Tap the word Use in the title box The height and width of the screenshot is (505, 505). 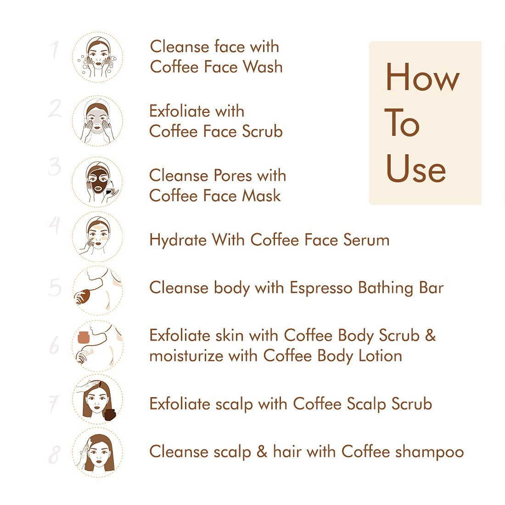click(x=416, y=168)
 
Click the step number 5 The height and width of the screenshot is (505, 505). click(x=55, y=287)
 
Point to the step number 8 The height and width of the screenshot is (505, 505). click(x=55, y=454)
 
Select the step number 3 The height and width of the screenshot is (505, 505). click(x=55, y=166)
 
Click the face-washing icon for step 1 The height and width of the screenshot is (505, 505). click(x=97, y=57)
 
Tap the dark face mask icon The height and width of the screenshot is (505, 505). click(x=97, y=182)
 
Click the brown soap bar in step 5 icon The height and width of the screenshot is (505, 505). click(x=84, y=296)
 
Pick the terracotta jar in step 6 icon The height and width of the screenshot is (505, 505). click(x=84, y=337)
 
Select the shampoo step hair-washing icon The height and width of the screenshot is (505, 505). click(x=97, y=452)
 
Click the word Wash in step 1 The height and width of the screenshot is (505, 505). click(x=263, y=67)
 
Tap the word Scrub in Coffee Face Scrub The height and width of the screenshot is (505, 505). click(x=262, y=131)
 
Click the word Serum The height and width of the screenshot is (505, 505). click(x=366, y=240)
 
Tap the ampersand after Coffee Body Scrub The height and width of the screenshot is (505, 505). click(x=431, y=335)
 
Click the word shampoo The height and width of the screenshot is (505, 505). click(x=430, y=452)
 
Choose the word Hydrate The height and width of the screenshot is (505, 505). click(x=178, y=240)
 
